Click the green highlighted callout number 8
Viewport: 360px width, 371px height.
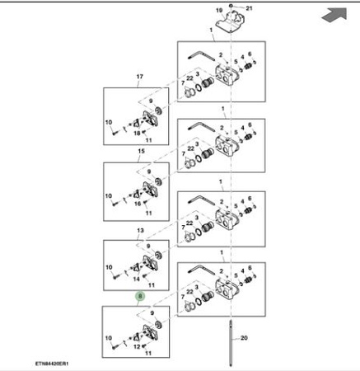point(140,297)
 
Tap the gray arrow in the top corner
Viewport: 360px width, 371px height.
point(334,15)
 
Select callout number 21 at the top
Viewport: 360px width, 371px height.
point(249,8)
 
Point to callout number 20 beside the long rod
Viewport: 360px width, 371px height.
point(244,338)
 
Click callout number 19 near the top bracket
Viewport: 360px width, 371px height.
point(219,11)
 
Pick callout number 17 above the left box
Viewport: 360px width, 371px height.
point(140,77)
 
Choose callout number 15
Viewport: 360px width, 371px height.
point(141,151)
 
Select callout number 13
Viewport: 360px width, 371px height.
point(140,230)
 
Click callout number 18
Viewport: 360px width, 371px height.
point(137,134)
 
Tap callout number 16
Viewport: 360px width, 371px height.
point(138,204)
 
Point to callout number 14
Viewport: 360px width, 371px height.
point(137,279)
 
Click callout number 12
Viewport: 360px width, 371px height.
point(137,347)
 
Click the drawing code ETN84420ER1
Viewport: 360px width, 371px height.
point(52,364)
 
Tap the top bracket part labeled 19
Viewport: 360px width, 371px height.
point(231,21)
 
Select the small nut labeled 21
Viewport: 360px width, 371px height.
point(231,6)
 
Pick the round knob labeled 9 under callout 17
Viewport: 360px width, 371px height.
point(158,111)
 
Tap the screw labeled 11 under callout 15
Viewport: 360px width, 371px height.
point(146,203)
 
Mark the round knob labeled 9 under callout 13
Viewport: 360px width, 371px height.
point(158,256)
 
